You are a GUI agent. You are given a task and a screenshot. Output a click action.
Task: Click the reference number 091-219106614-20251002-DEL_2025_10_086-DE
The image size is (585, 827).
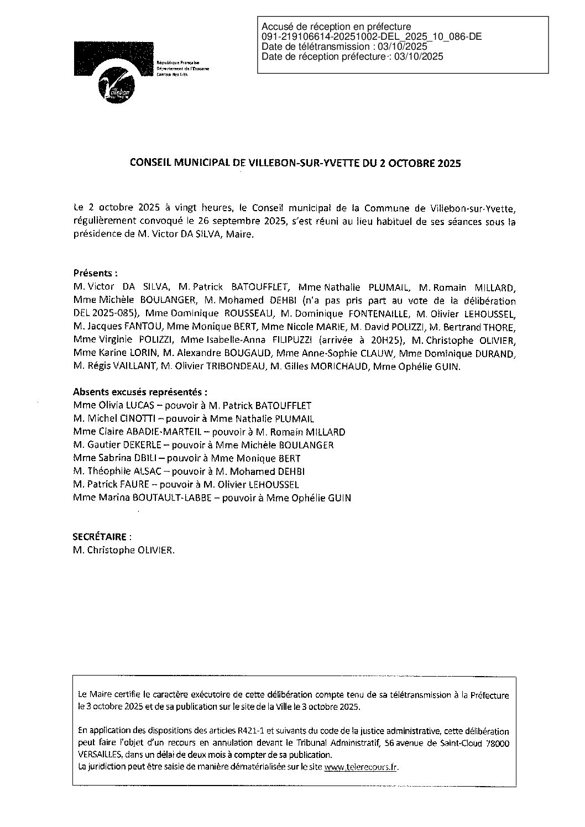point(371,36)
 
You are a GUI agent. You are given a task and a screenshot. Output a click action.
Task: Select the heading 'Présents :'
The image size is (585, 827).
point(95,273)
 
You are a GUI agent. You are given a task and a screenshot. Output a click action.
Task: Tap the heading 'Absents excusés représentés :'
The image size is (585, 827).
point(141,392)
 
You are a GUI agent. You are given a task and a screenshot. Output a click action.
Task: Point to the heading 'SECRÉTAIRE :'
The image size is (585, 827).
point(102,536)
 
